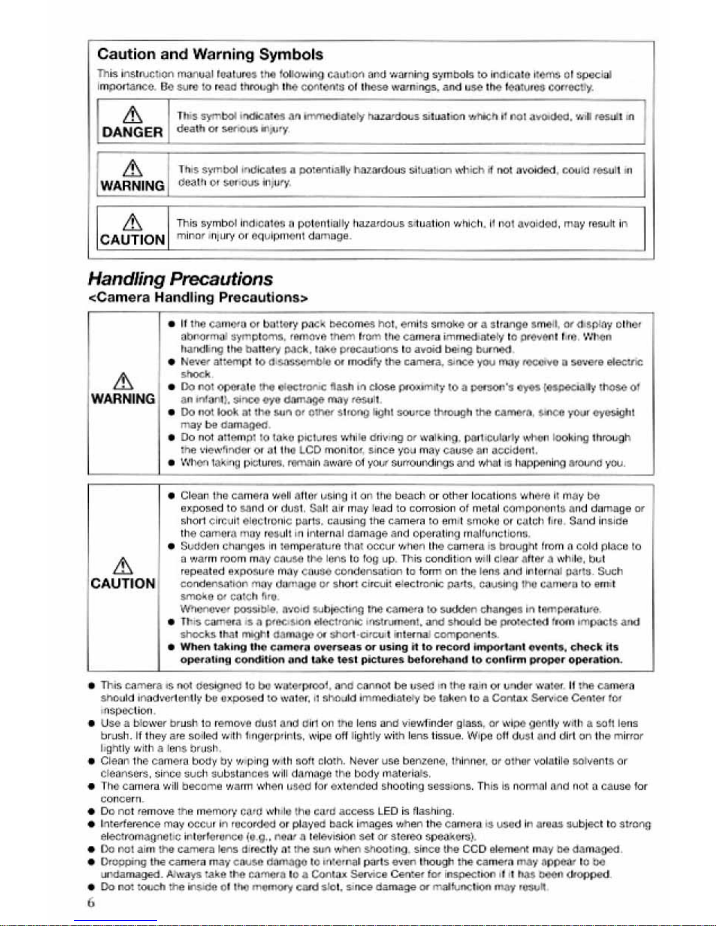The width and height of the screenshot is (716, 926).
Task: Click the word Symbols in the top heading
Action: pos(291,55)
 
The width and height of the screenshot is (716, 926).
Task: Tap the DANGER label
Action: pos(132,132)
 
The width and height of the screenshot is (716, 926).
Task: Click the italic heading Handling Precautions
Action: pos(180,279)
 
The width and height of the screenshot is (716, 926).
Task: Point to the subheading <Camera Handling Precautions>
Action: pos(198,297)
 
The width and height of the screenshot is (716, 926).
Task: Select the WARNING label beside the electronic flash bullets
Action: pos(123,399)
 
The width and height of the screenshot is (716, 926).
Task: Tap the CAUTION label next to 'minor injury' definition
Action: pos(133,240)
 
